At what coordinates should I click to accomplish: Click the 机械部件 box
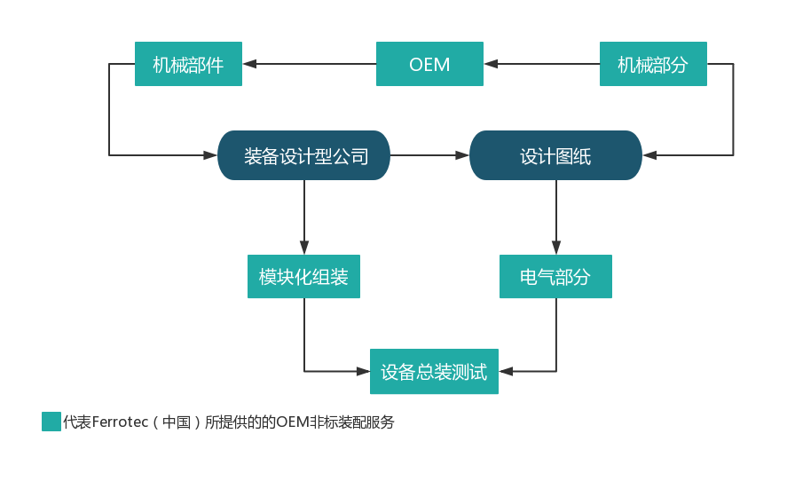(188, 64)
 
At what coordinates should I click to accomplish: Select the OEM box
(429, 64)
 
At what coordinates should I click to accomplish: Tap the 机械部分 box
(653, 64)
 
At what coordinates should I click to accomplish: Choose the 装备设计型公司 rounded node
(304, 155)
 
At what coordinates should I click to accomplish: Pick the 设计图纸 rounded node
(555, 155)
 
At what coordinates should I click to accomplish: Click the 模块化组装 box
(303, 277)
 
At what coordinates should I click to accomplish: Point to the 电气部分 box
(555, 277)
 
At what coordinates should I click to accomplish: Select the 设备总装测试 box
(434, 371)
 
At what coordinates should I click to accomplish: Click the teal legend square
(51, 422)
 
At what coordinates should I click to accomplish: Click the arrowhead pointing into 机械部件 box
(249, 64)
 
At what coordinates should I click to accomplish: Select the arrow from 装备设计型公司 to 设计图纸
(429, 155)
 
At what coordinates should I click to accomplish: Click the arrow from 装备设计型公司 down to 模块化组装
(304, 217)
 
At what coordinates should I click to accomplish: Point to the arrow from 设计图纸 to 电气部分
(556, 217)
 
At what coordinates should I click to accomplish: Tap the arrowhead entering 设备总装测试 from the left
(364, 371)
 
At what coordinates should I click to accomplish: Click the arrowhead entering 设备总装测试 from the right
(505, 371)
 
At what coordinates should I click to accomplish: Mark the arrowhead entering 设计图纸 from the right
(649, 155)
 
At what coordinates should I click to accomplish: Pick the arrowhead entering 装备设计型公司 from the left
(211, 155)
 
